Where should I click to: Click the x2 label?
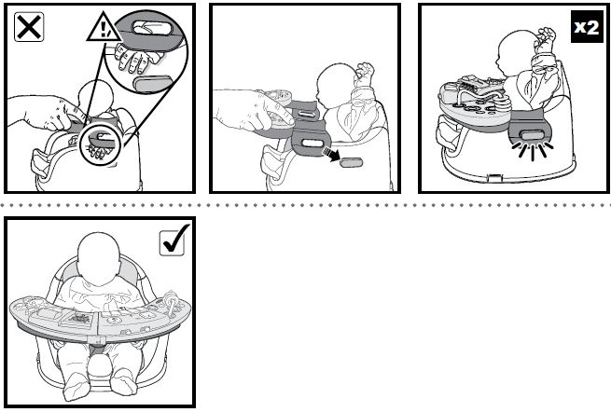coord(585,26)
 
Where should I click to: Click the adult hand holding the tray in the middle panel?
coord(245,110)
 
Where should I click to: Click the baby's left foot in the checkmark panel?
coord(126,382)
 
